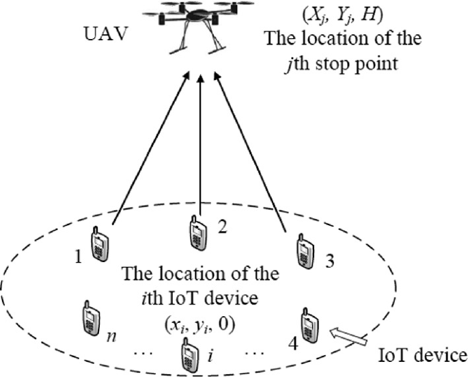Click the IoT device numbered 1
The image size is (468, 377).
(x=100, y=244)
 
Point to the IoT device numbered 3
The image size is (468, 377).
(x=305, y=251)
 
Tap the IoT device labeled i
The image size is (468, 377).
(x=189, y=356)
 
